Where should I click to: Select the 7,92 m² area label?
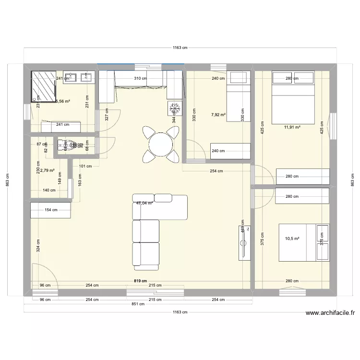click(x=218, y=115)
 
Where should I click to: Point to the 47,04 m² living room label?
click(x=144, y=203)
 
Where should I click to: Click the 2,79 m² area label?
click(x=47, y=170)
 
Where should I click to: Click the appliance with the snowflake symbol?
click(x=174, y=108)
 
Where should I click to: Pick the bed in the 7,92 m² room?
click(x=238, y=96)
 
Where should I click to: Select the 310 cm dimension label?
click(x=141, y=78)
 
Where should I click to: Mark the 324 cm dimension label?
click(x=37, y=246)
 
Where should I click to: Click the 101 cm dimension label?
click(x=85, y=167)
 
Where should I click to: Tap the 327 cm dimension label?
click(x=107, y=114)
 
